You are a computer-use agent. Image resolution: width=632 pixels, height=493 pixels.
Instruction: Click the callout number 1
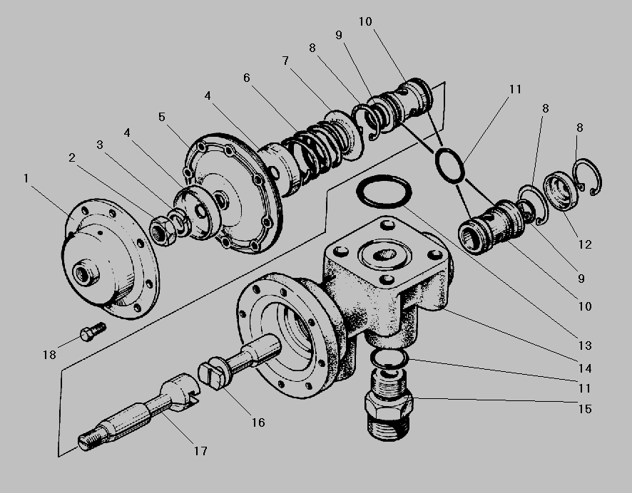point(26,178)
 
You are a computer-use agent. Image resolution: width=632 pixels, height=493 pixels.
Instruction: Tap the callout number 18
point(50,355)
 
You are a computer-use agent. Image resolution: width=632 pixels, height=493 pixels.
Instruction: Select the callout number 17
point(200,451)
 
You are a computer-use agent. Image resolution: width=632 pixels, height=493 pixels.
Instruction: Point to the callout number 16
point(258,422)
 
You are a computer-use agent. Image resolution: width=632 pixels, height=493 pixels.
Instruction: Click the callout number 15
point(585,409)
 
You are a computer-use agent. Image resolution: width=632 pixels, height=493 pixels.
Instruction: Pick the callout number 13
point(585,346)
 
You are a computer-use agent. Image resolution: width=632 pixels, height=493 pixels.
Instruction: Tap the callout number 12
point(585,244)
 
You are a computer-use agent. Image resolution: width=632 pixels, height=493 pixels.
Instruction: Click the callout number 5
point(162,117)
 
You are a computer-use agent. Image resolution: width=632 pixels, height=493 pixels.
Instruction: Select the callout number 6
point(247,78)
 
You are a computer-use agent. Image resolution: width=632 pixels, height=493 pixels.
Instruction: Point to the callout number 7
point(285,61)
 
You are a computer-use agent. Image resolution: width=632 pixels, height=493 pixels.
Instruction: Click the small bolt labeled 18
point(93,331)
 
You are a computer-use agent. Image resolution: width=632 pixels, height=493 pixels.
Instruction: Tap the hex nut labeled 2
point(163,231)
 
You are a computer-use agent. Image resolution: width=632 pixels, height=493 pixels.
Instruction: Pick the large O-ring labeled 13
point(384,192)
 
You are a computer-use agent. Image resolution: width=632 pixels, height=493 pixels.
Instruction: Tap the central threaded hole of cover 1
point(86,274)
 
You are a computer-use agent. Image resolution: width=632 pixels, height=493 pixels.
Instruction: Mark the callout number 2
point(72,157)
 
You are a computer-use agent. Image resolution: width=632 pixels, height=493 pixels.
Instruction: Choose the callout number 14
point(585,368)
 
